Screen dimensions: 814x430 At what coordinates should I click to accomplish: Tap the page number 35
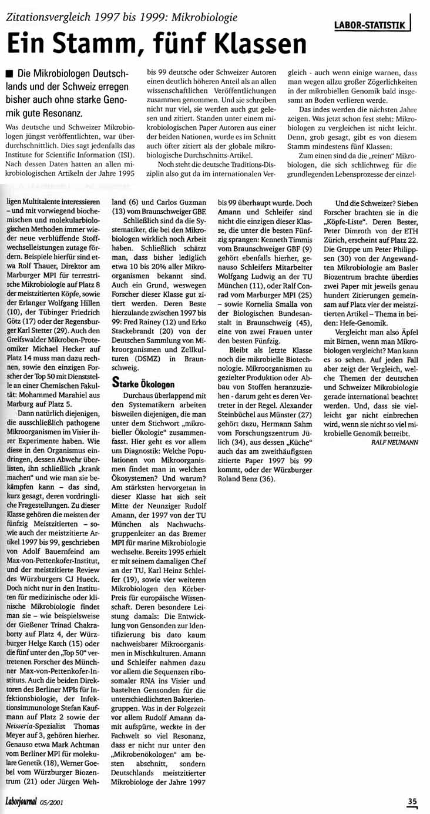tap(413, 800)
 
